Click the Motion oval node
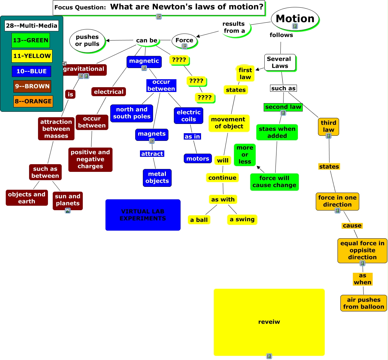click(295, 19)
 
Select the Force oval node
click(184, 41)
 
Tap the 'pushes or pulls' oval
click(87, 41)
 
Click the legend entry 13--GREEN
click(31, 40)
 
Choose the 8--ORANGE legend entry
click(33, 101)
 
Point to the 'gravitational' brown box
click(84, 69)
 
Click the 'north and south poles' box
click(132, 113)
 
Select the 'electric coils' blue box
click(189, 116)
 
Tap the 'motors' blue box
click(198, 158)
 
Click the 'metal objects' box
click(157, 178)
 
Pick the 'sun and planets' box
click(67, 200)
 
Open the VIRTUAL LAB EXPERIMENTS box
click(143, 215)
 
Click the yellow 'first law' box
click(245, 73)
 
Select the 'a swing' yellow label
click(242, 219)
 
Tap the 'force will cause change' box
click(274, 182)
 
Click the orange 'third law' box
click(329, 126)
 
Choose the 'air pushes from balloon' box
click(364, 303)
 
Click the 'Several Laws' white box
click(280, 63)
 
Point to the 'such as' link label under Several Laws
click(283, 88)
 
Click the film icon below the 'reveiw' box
click(269, 356)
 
